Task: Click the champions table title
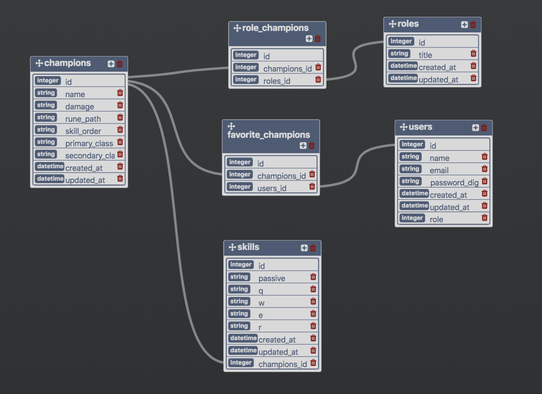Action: pos(67,63)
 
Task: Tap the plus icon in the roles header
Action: pos(464,25)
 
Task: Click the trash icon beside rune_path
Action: pos(120,117)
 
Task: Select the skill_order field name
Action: pos(83,131)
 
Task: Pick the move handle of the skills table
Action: pos(232,247)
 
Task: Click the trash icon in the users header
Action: pos(484,128)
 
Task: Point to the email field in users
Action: pos(439,170)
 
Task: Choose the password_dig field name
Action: pos(454,183)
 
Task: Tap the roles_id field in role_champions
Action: pos(277,81)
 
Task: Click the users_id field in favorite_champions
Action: pos(272,188)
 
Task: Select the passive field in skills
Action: pos(272,278)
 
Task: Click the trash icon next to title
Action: pos(473,53)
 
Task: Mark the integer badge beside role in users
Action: pos(412,218)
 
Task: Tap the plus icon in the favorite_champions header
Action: pos(303,145)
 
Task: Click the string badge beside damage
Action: pos(46,105)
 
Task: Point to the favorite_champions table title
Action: pos(269,135)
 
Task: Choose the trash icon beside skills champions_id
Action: pos(313,362)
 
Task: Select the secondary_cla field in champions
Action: pos(90,156)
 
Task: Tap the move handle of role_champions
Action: pos(237,28)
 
